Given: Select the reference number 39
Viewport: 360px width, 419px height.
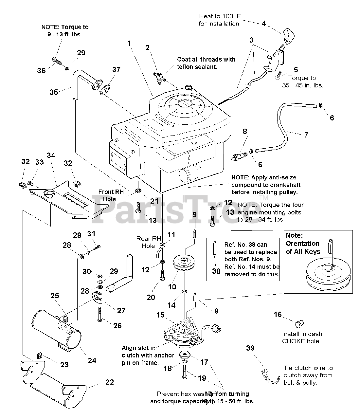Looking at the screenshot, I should coord(250,348).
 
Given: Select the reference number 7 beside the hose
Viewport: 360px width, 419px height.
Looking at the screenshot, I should coord(306,135).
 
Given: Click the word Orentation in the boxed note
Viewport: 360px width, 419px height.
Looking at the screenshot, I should coord(302,244).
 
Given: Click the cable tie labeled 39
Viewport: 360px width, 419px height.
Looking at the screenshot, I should coord(270,375).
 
